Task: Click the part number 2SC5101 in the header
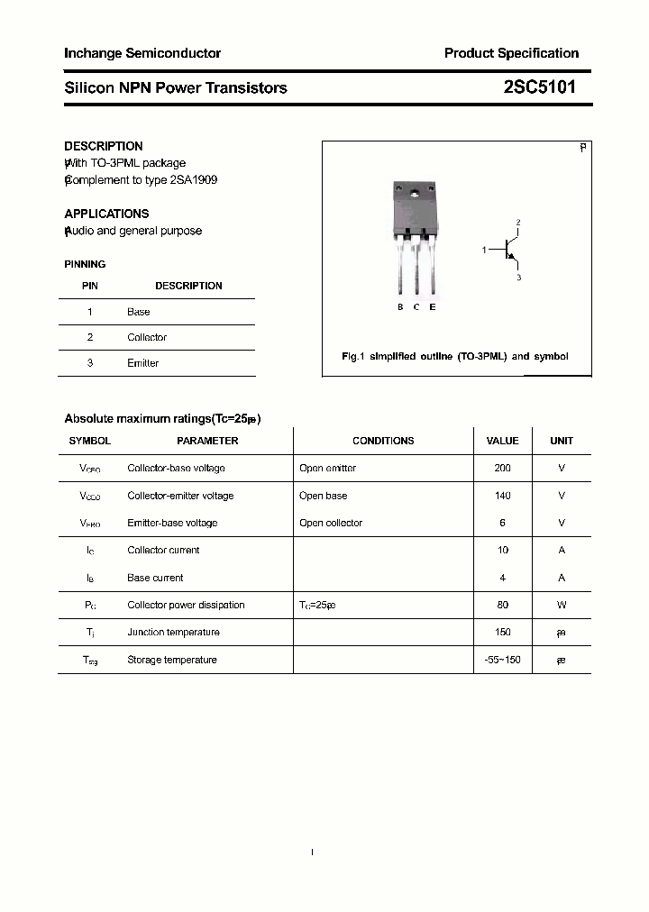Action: [539, 87]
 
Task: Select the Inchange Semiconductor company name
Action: [142, 53]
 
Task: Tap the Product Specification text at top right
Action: [511, 53]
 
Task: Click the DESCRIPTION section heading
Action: [104, 146]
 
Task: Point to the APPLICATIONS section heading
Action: [106, 214]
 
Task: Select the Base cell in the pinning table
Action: [139, 312]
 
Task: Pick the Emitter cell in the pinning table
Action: [142, 363]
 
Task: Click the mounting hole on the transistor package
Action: [416, 193]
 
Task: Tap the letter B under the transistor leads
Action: [400, 307]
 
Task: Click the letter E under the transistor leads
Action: [433, 307]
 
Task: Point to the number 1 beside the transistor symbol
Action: [484, 249]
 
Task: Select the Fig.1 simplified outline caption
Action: [455, 357]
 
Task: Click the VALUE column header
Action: [502, 442]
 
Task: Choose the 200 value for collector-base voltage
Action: [502, 469]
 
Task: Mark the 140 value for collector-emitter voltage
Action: [502, 496]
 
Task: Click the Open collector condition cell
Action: [331, 523]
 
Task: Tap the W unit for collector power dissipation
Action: [561, 605]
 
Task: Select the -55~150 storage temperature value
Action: [502, 660]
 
